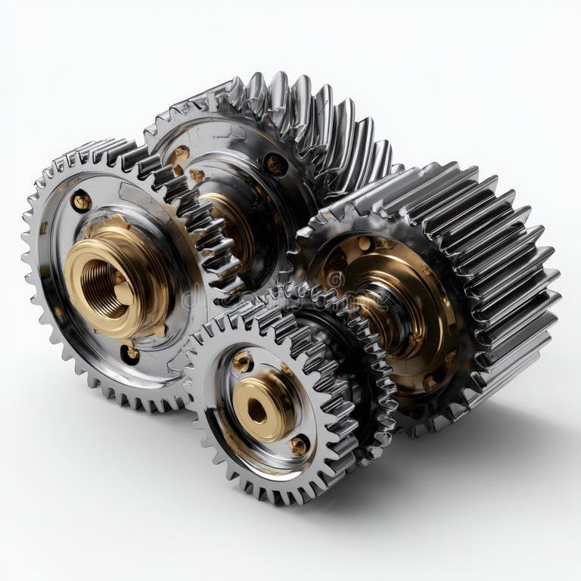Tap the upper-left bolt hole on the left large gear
pos(81,200)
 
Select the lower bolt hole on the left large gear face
pos(130,353)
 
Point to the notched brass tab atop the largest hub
pos(113,225)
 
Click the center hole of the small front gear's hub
pos(256,411)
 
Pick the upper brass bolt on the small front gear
pos(243,362)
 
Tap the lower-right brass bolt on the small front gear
pos(299,446)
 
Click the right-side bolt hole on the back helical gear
pos(275,164)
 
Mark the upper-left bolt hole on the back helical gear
pos(179,156)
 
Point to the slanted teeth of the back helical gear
pos(318,121)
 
